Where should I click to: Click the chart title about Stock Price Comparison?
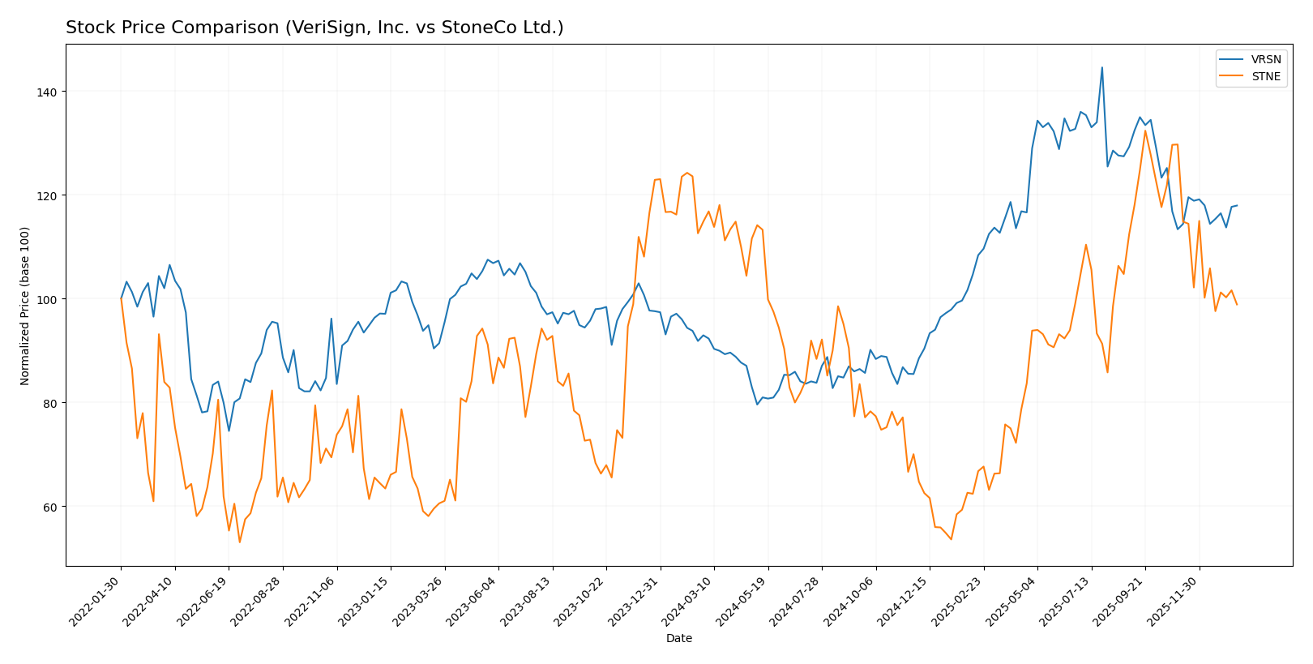coord(314,28)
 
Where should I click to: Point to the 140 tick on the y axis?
coord(46,92)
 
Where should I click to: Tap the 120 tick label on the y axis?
coord(46,195)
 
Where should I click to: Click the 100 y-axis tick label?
coord(46,299)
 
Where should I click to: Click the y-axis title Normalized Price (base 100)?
coord(25,306)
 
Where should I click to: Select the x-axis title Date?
coord(679,639)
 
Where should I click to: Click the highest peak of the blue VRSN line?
coord(1101,67)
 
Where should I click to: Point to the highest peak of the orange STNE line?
coord(1145,131)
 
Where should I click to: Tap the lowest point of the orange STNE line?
coord(239,542)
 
